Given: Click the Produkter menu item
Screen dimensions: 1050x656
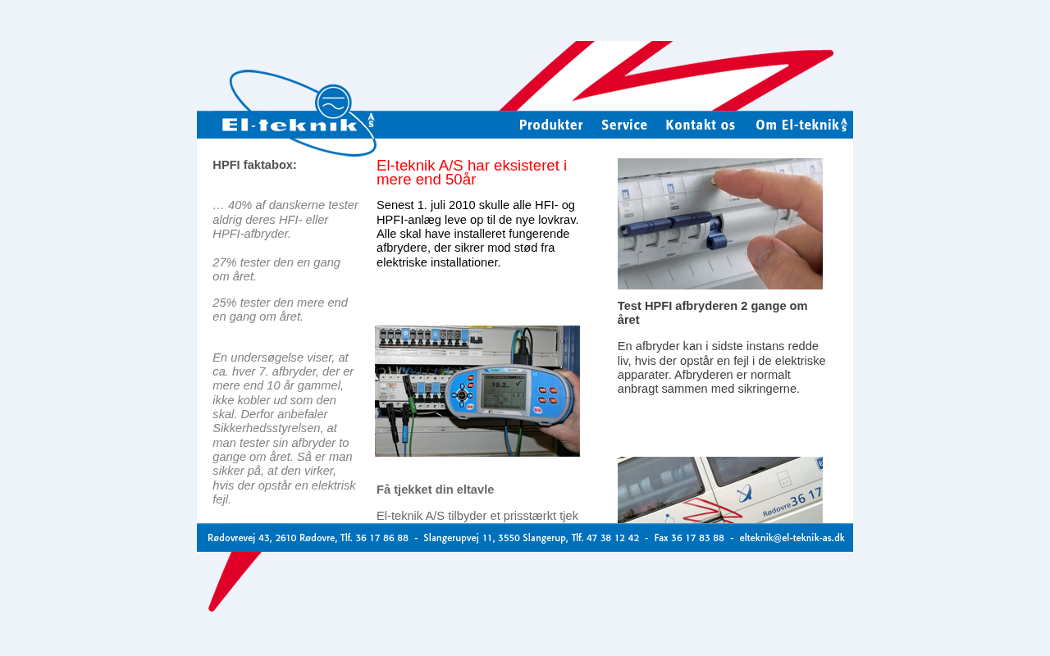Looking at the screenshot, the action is click(550, 125).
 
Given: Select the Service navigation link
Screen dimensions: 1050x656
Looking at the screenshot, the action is click(624, 125).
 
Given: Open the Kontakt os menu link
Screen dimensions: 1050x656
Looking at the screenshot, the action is click(700, 125).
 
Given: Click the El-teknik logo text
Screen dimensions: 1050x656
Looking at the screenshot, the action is click(290, 125).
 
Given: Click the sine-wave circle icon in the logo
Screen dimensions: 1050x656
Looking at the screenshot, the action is click(333, 102).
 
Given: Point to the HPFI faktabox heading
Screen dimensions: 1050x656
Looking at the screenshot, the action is click(254, 165).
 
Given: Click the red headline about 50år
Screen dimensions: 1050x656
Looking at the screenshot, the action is click(472, 172).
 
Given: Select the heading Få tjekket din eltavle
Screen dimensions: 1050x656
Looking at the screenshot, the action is click(435, 490).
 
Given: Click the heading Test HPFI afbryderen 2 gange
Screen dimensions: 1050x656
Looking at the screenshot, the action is click(712, 312).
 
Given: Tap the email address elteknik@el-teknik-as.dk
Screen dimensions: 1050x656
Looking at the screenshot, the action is click(792, 538).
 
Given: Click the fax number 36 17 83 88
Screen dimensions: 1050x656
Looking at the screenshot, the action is click(697, 538).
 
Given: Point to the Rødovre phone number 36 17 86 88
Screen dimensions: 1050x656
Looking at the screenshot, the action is click(381, 538).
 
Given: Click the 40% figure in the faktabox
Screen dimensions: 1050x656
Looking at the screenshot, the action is click(240, 205).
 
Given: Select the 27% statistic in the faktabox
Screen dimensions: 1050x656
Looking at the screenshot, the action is click(224, 262).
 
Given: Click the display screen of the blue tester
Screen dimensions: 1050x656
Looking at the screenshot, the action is click(504, 391).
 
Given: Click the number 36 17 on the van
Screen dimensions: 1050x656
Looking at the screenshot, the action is click(806, 497).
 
